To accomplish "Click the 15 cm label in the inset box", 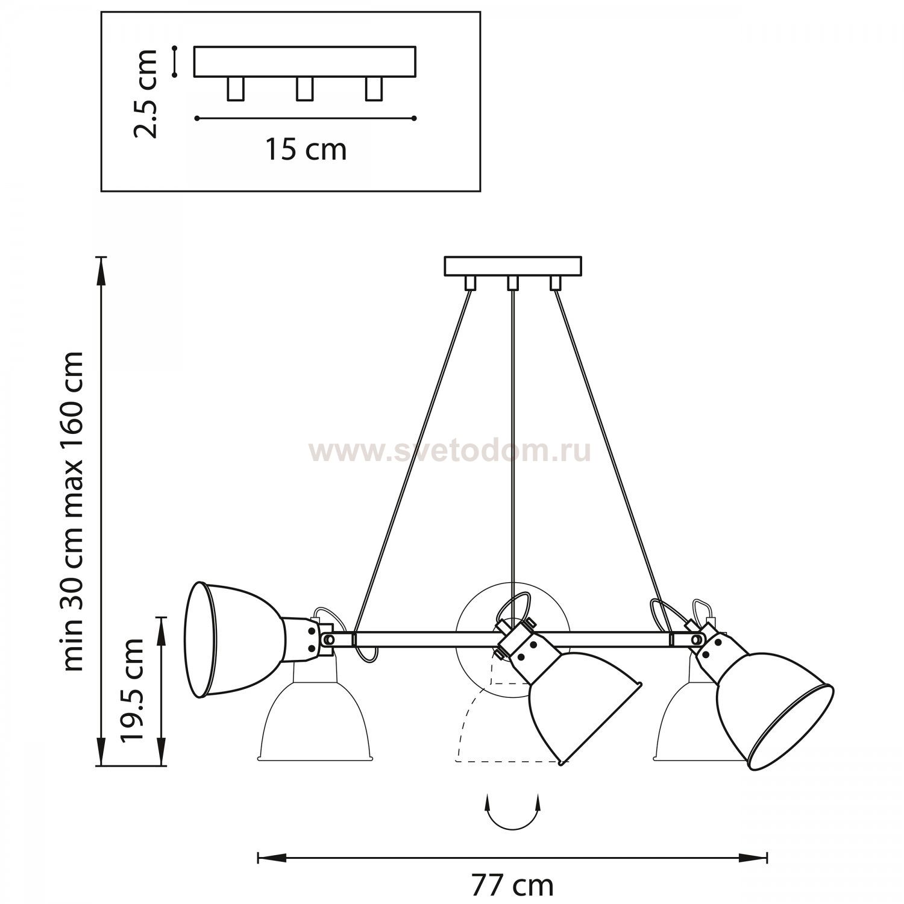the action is click(306, 149).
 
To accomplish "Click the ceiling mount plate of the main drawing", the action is click(513, 266).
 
